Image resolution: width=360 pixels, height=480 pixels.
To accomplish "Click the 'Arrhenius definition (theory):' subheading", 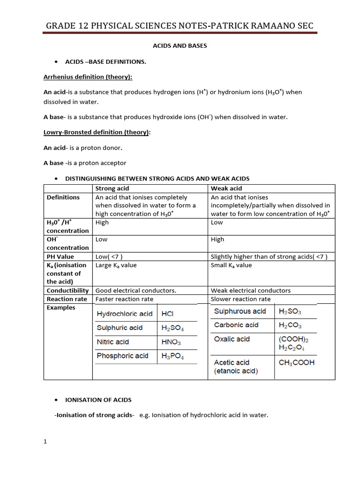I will (x=88, y=77).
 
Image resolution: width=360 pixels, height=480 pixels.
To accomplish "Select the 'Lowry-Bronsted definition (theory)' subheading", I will (x=97, y=132).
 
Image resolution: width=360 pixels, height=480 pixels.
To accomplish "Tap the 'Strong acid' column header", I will (x=112, y=188).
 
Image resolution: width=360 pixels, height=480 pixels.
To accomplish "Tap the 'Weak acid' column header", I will (x=226, y=188).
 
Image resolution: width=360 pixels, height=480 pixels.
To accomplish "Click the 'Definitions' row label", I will (x=63, y=197).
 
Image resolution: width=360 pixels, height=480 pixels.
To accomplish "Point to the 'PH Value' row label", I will (x=60, y=256).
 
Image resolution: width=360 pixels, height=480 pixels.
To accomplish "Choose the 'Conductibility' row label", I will (x=67, y=290).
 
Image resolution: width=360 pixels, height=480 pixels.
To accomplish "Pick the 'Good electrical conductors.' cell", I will (x=136, y=290).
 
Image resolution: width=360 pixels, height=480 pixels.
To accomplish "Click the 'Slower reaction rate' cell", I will (x=240, y=299).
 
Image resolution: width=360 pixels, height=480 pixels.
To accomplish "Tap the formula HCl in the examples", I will (x=168, y=314).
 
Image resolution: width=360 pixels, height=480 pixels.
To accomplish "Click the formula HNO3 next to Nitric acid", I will (x=171, y=342).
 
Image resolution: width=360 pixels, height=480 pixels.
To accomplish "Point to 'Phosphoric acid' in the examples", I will (x=122, y=356).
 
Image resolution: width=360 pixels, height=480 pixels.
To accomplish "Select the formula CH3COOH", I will (x=296, y=362).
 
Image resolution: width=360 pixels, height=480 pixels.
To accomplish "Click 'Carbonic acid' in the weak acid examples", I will (x=236, y=325).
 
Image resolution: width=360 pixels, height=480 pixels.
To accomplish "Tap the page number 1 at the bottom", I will (x=45, y=441).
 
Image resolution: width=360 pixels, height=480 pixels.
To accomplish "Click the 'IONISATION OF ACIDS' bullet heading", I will (x=98, y=400).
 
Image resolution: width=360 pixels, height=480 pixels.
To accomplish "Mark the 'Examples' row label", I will (x=61, y=307).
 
